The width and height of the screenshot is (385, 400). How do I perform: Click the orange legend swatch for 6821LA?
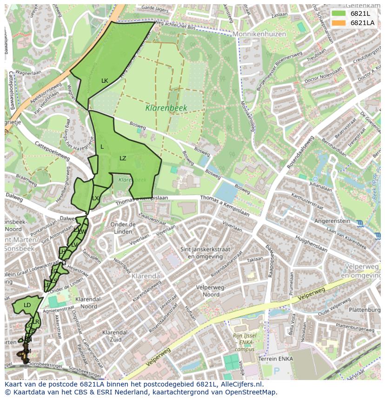tap(339, 23)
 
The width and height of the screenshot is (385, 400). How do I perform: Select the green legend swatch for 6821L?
tap(339, 13)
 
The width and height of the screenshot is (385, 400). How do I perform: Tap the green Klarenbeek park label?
tap(166, 108)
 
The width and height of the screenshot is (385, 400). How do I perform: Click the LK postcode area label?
tap(105, 81)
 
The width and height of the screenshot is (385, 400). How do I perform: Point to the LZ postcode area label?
tap(123, 158)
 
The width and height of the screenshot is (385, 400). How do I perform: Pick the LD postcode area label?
tap(27, 305)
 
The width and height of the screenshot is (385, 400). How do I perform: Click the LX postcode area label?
tap(95, 198)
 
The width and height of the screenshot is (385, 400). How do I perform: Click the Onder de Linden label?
tap(123, 228)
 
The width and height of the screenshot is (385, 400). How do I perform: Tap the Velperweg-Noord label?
tap(207, 291)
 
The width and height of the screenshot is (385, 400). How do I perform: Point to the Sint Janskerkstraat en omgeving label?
tap(209, 253)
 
